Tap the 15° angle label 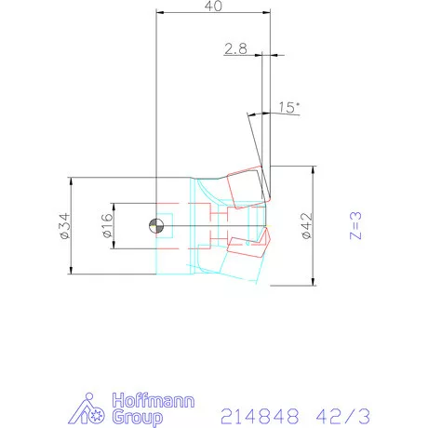pyautogui.click(x=288, y=108)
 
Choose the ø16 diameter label pyautogui.click(x=105, y=226)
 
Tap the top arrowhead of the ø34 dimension pyautogui.click(x=71, y=179)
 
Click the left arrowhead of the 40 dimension pyautogui.click(x=160, y=13)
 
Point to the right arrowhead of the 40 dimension pyautogui.click(x=266, y=13)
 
